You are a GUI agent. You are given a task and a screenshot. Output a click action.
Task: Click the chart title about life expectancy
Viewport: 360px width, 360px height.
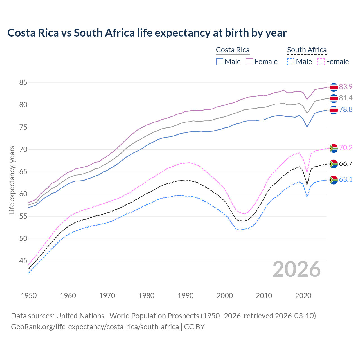click(x=147, y=33)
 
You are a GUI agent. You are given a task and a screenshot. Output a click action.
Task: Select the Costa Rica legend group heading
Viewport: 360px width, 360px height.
click(x=233, y=50)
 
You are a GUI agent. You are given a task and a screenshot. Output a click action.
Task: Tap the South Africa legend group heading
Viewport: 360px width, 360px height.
click(x=307, y=50)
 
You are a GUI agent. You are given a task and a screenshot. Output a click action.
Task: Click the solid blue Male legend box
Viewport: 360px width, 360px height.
click(x=220, y=62)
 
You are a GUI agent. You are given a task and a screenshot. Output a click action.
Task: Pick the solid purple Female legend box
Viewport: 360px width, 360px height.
click(x=249, y=62)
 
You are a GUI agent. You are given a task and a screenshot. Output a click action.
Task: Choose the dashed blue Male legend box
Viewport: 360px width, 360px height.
click(x=291, y=62)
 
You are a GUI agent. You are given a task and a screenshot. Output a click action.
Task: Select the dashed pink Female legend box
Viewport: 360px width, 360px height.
click(x=321, y=62)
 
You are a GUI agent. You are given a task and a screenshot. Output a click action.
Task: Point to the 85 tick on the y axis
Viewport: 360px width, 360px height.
click(x=23, y=83)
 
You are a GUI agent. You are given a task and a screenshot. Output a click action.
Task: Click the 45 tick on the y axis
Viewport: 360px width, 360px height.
click(x=23, y=261)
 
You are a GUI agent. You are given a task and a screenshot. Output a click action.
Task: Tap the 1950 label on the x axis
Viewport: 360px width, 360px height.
click(x=29, y=296)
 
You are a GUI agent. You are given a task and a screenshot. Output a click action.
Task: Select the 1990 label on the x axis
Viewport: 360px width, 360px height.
click(x=186, y=296)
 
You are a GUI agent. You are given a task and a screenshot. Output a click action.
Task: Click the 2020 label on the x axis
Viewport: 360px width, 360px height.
click(x=303, y=296)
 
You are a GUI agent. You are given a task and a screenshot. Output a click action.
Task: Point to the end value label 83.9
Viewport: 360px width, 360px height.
click(x=346, y=87)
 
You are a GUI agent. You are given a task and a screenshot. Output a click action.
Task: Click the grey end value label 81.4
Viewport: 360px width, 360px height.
click(x=346, y=98)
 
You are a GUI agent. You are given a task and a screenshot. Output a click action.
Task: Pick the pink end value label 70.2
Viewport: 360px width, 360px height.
click(x=346, y=148)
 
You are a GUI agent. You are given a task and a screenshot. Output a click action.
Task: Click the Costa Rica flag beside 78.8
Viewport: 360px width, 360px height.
click(x=334, y=110)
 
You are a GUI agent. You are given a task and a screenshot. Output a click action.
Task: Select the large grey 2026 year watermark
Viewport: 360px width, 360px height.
click(x=297, y=269)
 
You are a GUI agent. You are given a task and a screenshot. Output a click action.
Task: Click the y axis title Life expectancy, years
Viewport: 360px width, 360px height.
click(x=12, y=180)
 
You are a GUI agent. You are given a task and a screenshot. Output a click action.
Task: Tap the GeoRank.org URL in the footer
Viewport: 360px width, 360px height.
click(x=95, y=327)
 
